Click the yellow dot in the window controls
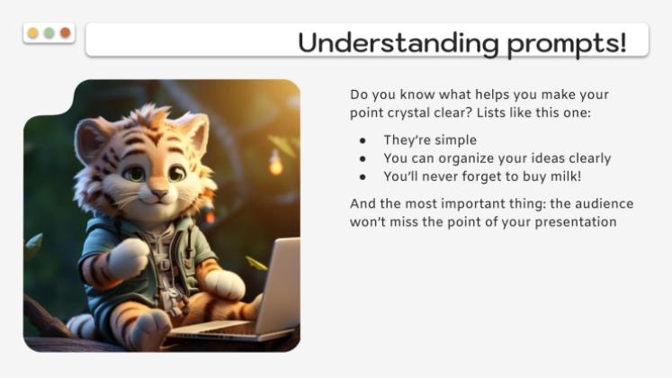[x=33, y=33]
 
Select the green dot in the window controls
[x=49, y=33]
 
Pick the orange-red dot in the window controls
[x=65, y=33]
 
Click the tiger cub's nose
[x=158, y=192]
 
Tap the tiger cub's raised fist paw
[x=127, y=256]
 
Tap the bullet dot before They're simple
[x=363, y=140]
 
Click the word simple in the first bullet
[x=456, y=139]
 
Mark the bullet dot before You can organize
[x=363, y=158]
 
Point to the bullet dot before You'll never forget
[x=363, y=176]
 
